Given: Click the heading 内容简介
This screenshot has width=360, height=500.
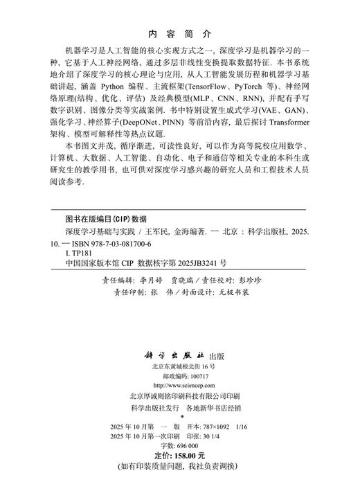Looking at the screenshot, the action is coord(179,33).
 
